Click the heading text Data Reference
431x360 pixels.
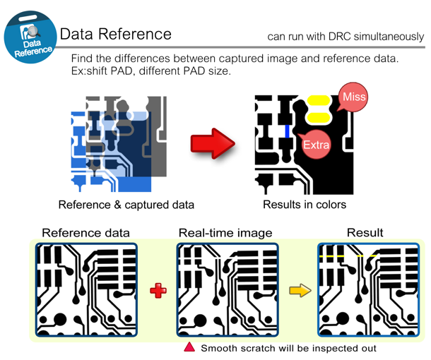(115, 34)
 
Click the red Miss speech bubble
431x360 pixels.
(353, 97)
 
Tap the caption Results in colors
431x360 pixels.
(305, 205)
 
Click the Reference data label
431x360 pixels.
(86, 233)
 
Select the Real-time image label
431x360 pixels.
(225, 233)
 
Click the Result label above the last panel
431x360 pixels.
(365, 233)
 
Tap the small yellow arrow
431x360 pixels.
(300, 290)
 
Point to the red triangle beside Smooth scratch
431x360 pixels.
(189, 347)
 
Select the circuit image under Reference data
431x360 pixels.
(86, 290)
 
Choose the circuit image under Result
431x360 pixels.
(367, 290)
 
